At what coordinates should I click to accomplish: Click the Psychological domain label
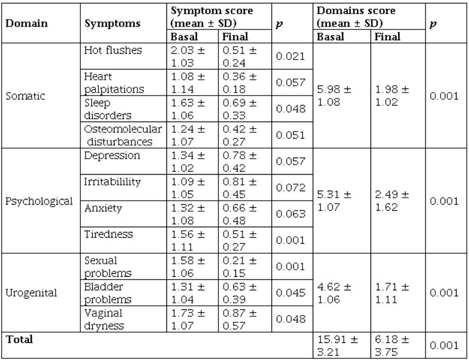[39, 201]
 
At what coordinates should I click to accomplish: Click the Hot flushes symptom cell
[113, 50]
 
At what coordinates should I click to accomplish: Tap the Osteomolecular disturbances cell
[122, 136]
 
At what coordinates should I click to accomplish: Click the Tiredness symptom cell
[109, 234]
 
